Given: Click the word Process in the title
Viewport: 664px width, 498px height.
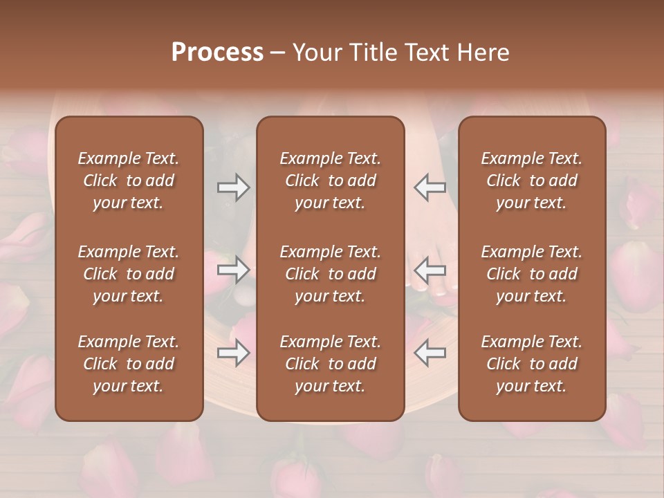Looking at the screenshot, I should (x=217, y=53).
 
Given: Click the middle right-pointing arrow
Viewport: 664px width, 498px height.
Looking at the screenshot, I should (x=234, y=270).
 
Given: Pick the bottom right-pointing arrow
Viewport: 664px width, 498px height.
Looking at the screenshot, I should (x=234, y=353).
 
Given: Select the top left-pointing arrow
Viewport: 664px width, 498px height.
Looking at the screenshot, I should (x=430, y=187).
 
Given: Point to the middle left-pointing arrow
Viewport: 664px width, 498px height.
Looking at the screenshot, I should (x=430, y=270).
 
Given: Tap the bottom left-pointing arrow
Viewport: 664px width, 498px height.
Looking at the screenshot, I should (x=430, y=353).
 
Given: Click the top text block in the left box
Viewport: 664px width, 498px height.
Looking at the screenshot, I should (x=129, y=181).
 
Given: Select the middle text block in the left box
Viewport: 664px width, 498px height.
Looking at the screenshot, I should (x=129, y=274).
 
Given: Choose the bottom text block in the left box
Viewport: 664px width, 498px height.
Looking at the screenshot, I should (x=129, y=364).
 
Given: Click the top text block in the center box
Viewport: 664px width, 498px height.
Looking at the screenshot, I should (x=331, y=181).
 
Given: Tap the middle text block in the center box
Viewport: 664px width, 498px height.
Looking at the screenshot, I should (x=331, y=274).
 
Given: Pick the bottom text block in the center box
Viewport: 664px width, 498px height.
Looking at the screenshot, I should (x=331, y=364).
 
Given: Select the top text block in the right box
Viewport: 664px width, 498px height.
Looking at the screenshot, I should (x=532, y=181).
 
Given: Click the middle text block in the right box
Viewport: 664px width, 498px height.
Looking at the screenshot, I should (x=532, y=274).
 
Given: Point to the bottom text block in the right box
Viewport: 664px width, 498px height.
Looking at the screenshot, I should (x=532, y=364).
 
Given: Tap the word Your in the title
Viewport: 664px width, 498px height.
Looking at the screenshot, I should (x=315, y=53).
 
